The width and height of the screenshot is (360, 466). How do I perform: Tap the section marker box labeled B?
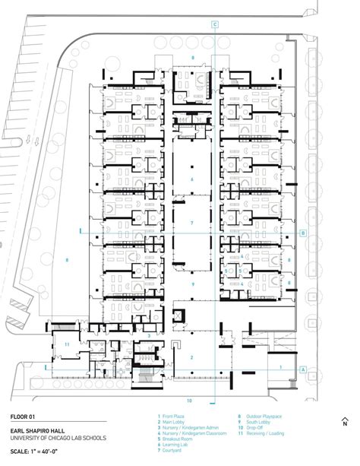click(304, 233)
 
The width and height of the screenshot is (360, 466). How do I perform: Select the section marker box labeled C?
click(215, 25)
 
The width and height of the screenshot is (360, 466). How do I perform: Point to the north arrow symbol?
click(344, 423)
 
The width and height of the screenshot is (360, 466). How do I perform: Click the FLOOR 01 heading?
click(24, 416)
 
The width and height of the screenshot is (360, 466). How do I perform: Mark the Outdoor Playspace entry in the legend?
click(259, 417)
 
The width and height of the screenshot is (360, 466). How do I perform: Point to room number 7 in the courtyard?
click(192, 223)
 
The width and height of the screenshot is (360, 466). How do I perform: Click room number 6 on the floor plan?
click(192, 179)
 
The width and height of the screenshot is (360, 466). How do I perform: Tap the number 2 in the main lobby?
click(192, 357)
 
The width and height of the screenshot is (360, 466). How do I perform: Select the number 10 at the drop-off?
click(190, 400)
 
